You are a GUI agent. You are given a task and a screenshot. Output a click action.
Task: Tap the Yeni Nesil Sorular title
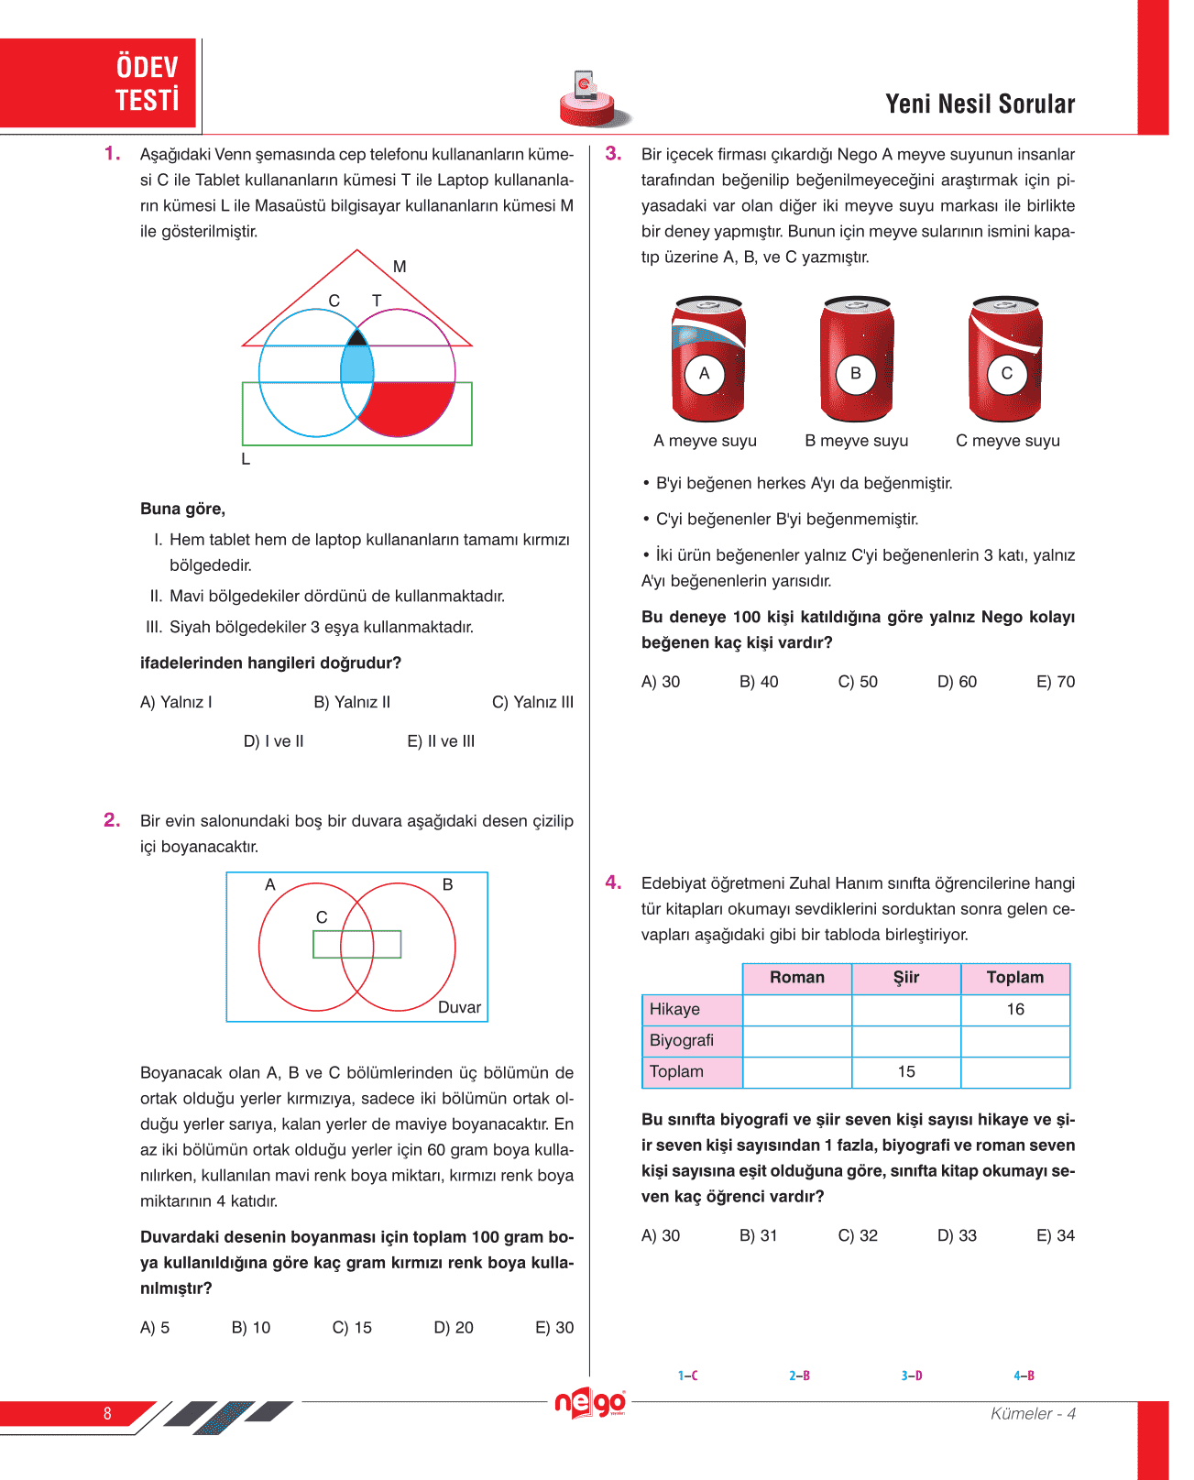(x=980, y=104)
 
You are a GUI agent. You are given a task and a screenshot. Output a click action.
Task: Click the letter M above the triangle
(x=400, y=267)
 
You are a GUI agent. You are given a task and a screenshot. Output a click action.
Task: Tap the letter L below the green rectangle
(x=246, y=459)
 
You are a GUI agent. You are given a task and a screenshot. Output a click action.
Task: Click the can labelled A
(x=707, y=358)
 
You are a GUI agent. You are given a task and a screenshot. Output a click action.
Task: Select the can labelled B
(x=856, y=358)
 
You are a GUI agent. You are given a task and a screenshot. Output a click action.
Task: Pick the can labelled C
(x=1006, y=358)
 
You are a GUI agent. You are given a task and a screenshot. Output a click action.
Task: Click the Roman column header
(x=796, y=978)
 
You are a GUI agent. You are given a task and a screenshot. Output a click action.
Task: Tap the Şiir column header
(x=906, y=978)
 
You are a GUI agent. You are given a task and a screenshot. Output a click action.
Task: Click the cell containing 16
(x=1015, y=1010)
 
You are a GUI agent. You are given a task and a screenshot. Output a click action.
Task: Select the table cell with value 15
(x=906, y=1072)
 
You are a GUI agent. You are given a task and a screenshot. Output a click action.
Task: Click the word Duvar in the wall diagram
(x=459, y=1007)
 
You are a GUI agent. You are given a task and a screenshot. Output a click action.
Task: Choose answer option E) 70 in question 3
(x=1055, y=682)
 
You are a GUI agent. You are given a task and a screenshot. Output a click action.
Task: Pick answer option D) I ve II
(x=273, y=741)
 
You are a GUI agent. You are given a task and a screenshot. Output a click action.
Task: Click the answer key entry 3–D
(x=912, y=1376)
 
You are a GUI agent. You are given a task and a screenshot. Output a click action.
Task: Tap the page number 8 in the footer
(x=107, y=1413)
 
